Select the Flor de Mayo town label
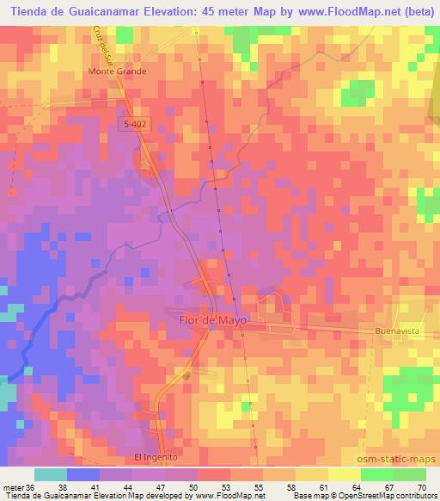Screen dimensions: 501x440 point(212,319)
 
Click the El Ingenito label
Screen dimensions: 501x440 point(155,457)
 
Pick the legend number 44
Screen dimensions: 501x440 point(99,486)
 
